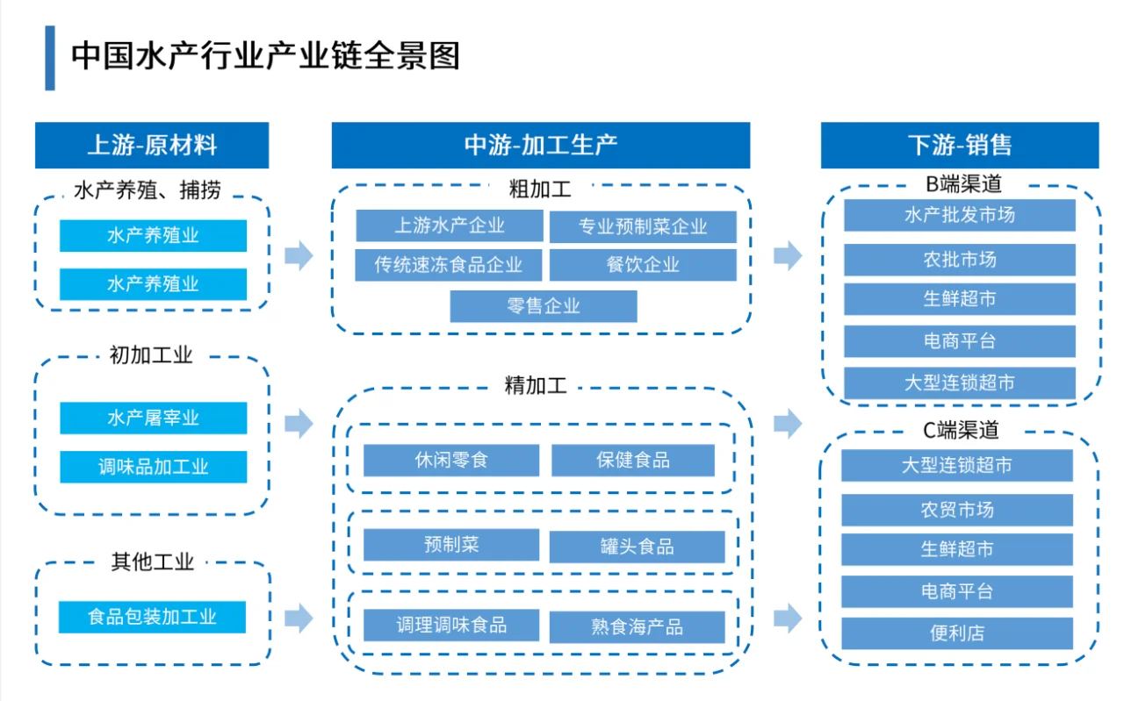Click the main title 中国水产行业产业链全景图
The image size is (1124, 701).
tap(265, 57)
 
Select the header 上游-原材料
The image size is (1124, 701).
tap(152, 146)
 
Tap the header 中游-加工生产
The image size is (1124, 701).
tap(540, 146)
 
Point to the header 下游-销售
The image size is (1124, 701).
tap(959, 146)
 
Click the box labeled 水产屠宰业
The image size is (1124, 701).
tap(153, 418)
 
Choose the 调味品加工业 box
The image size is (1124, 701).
tap(153, 467)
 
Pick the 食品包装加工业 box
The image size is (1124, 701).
tap(152, 617)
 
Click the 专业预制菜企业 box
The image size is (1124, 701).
tap(643, 226)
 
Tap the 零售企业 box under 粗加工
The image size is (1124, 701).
tap(544, 306)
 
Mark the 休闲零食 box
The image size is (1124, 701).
tap(450, 460)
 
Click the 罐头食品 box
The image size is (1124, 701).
tap(637, 547)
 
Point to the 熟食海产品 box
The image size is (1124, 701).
tap(637, 627)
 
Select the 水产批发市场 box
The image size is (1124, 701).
tap(959, 215)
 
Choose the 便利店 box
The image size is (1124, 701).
tap(957, 633)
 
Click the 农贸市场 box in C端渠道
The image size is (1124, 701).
tap(957, 510)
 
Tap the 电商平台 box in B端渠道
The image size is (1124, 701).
tap(959, 341)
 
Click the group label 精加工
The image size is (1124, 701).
tap(537, 385)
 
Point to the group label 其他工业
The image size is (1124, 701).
tap(152, 562)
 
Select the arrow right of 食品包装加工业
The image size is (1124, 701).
tap(299, 618)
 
